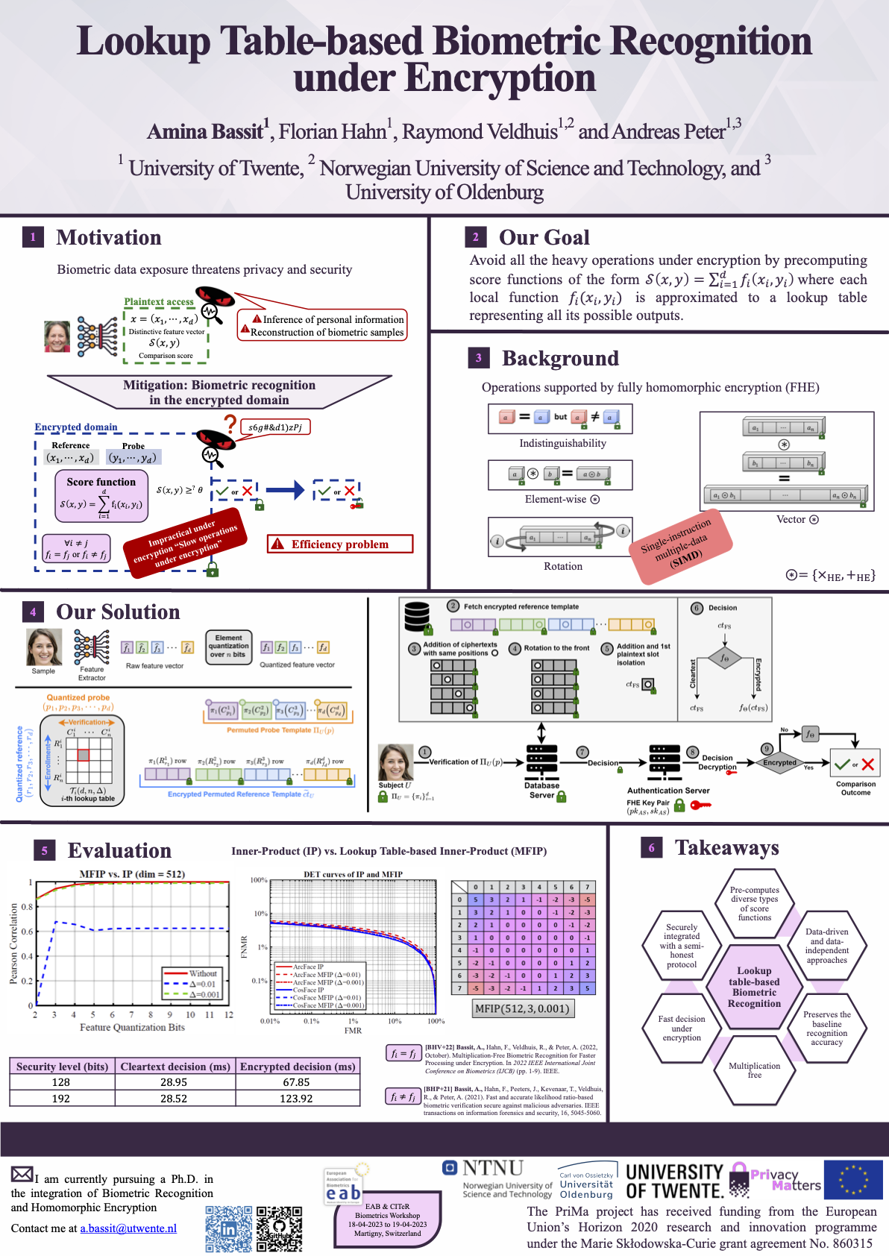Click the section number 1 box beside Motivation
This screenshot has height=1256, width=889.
click(33, 237)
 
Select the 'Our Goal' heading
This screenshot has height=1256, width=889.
click(544, 237)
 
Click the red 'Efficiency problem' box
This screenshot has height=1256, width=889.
click(340, 544)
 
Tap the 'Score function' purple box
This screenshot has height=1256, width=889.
click(101, 495)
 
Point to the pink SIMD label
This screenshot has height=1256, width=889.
click(677, 547)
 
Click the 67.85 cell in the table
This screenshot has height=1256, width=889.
click(296, 1082)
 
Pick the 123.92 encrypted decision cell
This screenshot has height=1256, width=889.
click(296, 1099)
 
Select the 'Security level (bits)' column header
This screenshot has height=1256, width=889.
click(62, 1067)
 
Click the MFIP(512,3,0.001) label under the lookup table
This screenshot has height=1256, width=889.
click(523, 1008)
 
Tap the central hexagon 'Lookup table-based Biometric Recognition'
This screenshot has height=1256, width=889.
click(754, 987)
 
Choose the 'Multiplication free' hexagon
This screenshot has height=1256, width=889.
click(754, 1070)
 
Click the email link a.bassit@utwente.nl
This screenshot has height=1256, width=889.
click(128, 1228)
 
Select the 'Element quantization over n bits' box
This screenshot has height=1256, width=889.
click(229, 647)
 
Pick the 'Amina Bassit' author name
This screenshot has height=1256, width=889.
click(205, 132)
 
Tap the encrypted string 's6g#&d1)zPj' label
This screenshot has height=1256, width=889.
click(275, 427)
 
